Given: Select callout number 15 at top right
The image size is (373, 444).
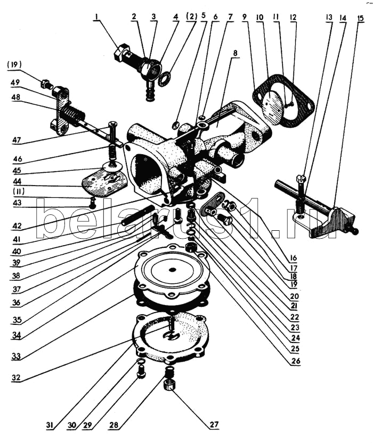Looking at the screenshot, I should [361, 17].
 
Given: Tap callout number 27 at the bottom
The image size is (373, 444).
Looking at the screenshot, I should [214, 424].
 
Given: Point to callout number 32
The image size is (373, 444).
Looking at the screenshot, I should [17, 379].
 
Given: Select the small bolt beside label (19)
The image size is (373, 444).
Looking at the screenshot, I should [45, 83].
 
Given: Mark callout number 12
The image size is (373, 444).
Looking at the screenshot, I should [293, 18].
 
